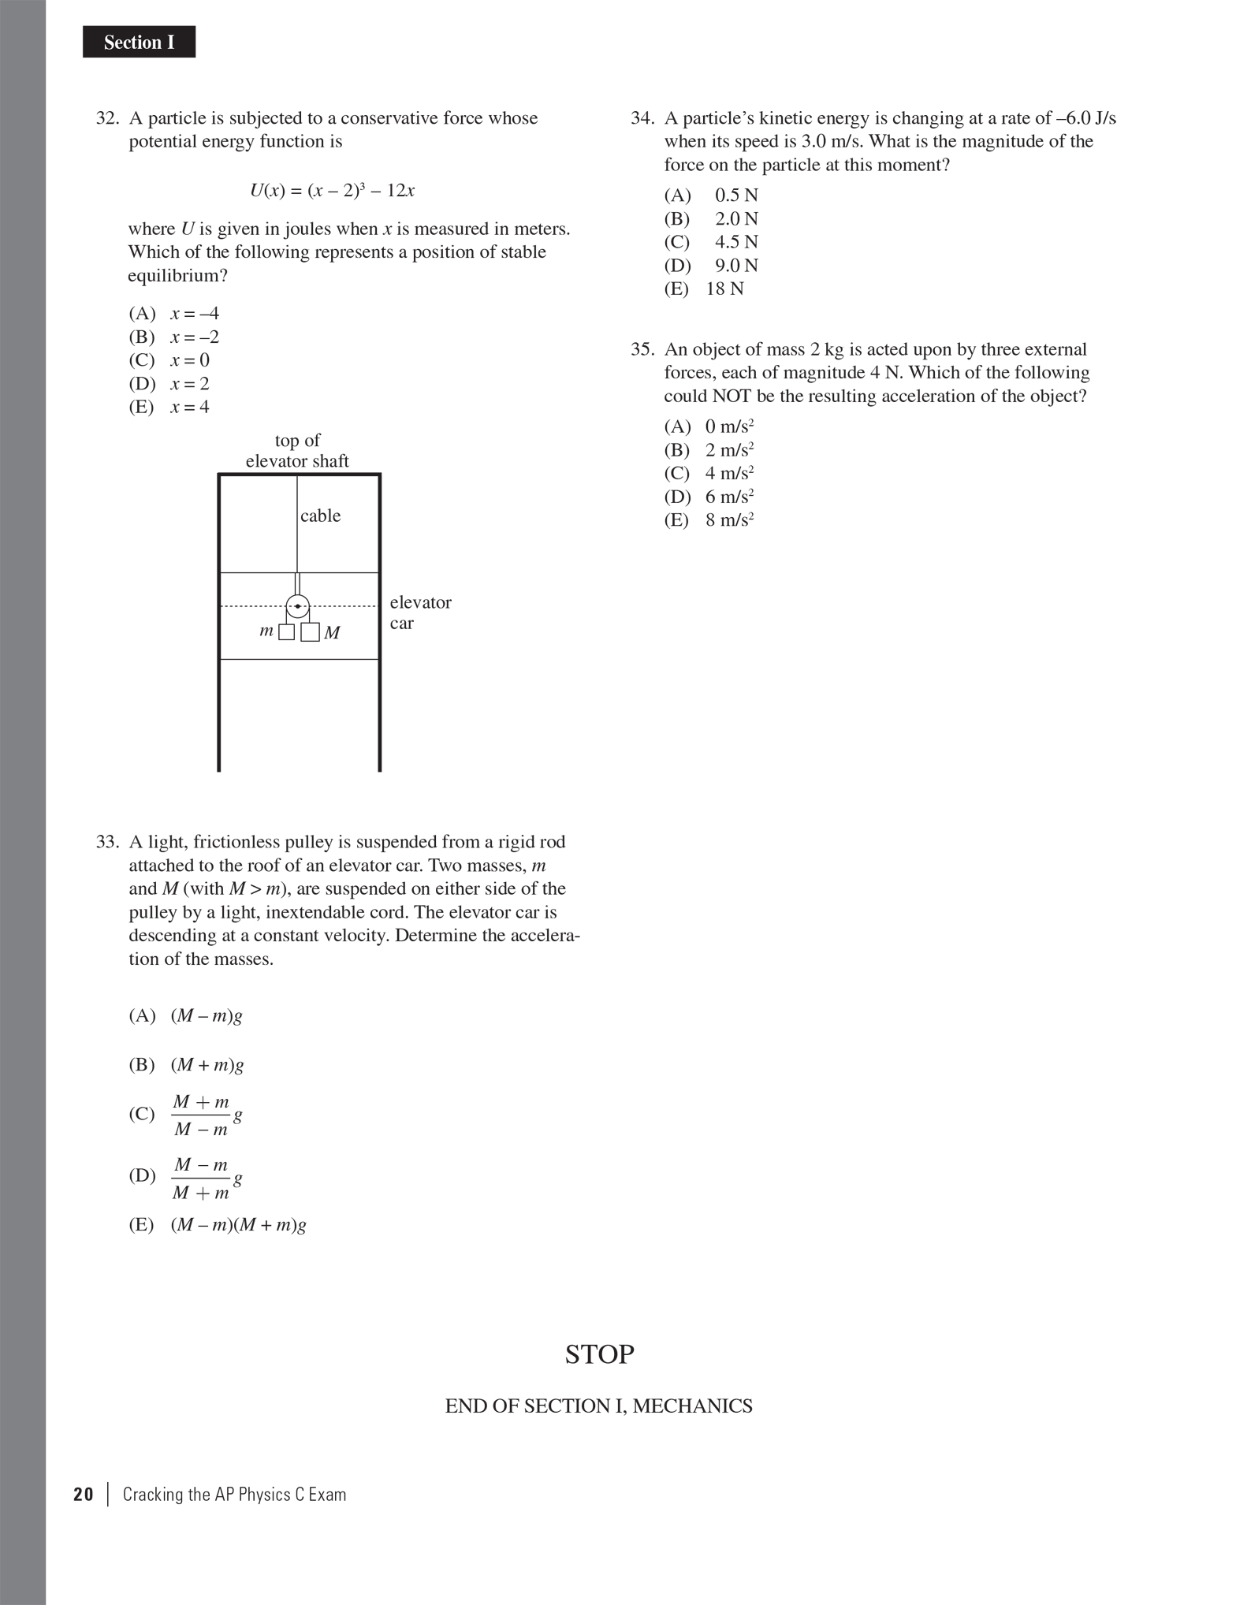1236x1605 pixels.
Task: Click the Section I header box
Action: [139, 42]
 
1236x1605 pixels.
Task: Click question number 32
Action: [106, 118]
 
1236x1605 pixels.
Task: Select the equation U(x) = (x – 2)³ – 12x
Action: [332, 191]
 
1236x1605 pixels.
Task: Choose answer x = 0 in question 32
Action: [189, 360]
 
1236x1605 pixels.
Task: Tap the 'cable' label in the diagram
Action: [320, 516]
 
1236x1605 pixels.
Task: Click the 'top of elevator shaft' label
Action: [297, 451]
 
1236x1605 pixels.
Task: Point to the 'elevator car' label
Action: [420, 613]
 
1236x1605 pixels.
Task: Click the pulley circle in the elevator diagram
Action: [297, 606]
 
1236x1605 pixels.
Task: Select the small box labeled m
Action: [287, 631]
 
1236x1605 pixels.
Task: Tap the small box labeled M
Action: [311, 632]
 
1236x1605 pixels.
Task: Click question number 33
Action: [106, 842]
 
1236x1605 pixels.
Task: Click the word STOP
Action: [599, 1354]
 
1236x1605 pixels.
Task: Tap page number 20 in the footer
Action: [83, 1495]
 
